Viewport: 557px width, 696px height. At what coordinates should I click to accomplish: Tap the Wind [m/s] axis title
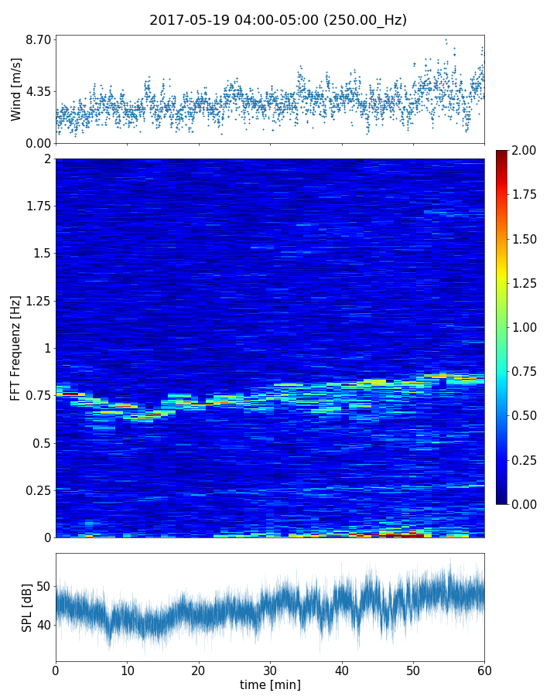(x=16, y=89)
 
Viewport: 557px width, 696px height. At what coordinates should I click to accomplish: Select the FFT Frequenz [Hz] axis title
(x=15, y=348)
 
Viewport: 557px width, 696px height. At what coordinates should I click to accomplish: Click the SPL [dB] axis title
(x=28, y=607)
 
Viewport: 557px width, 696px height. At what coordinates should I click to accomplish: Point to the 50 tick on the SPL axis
(x=43, y=586)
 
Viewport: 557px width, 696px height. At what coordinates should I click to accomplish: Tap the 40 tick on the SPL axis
(x=43, y=625)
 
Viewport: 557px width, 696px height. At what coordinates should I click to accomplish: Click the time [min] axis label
(x=270, y=684)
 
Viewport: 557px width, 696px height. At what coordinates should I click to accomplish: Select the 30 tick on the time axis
(x=270, y=670)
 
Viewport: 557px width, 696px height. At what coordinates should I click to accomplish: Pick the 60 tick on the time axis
(x=484, y=670)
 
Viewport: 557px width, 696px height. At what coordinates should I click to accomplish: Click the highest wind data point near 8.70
(x=446, y=40)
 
